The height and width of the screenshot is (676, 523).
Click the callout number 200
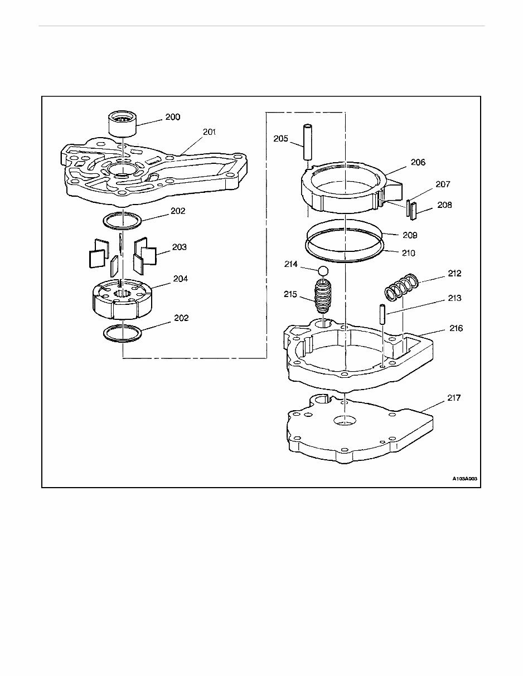pos(173,117)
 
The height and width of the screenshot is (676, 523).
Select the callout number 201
pos(210,132)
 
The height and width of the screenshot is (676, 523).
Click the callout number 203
pos(180,247)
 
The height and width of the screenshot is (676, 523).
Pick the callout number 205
pos(281,138)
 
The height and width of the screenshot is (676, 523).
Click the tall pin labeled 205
pos(307,142)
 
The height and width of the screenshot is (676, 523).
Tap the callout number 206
pos(418,162)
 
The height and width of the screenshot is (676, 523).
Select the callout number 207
pos(443,184)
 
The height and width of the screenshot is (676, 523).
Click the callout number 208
pos(444,205)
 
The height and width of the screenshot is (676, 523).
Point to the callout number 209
pos(410,235)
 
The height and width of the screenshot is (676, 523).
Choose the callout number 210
pos(409,253)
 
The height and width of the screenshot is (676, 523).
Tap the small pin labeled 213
pos(382,314)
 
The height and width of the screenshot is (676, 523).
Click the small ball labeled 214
pos(323,271)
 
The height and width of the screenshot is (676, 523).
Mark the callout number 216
pos(456,328)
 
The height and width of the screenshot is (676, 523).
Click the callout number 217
pos(454,398)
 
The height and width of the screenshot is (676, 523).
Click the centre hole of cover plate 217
pos(345,420)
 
